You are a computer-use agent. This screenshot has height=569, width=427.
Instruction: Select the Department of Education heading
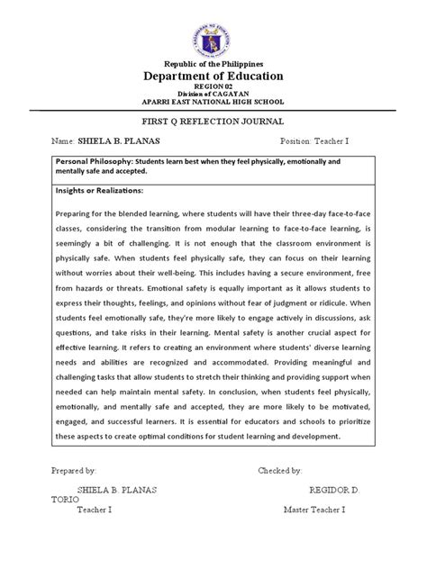tap(213, 78)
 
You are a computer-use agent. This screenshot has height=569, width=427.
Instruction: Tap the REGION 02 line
tap(213, 90)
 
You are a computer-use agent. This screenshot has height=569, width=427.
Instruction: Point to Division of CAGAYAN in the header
tap(213, 97)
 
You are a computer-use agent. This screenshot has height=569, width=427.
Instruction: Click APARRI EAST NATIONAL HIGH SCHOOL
tap(213, 105)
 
